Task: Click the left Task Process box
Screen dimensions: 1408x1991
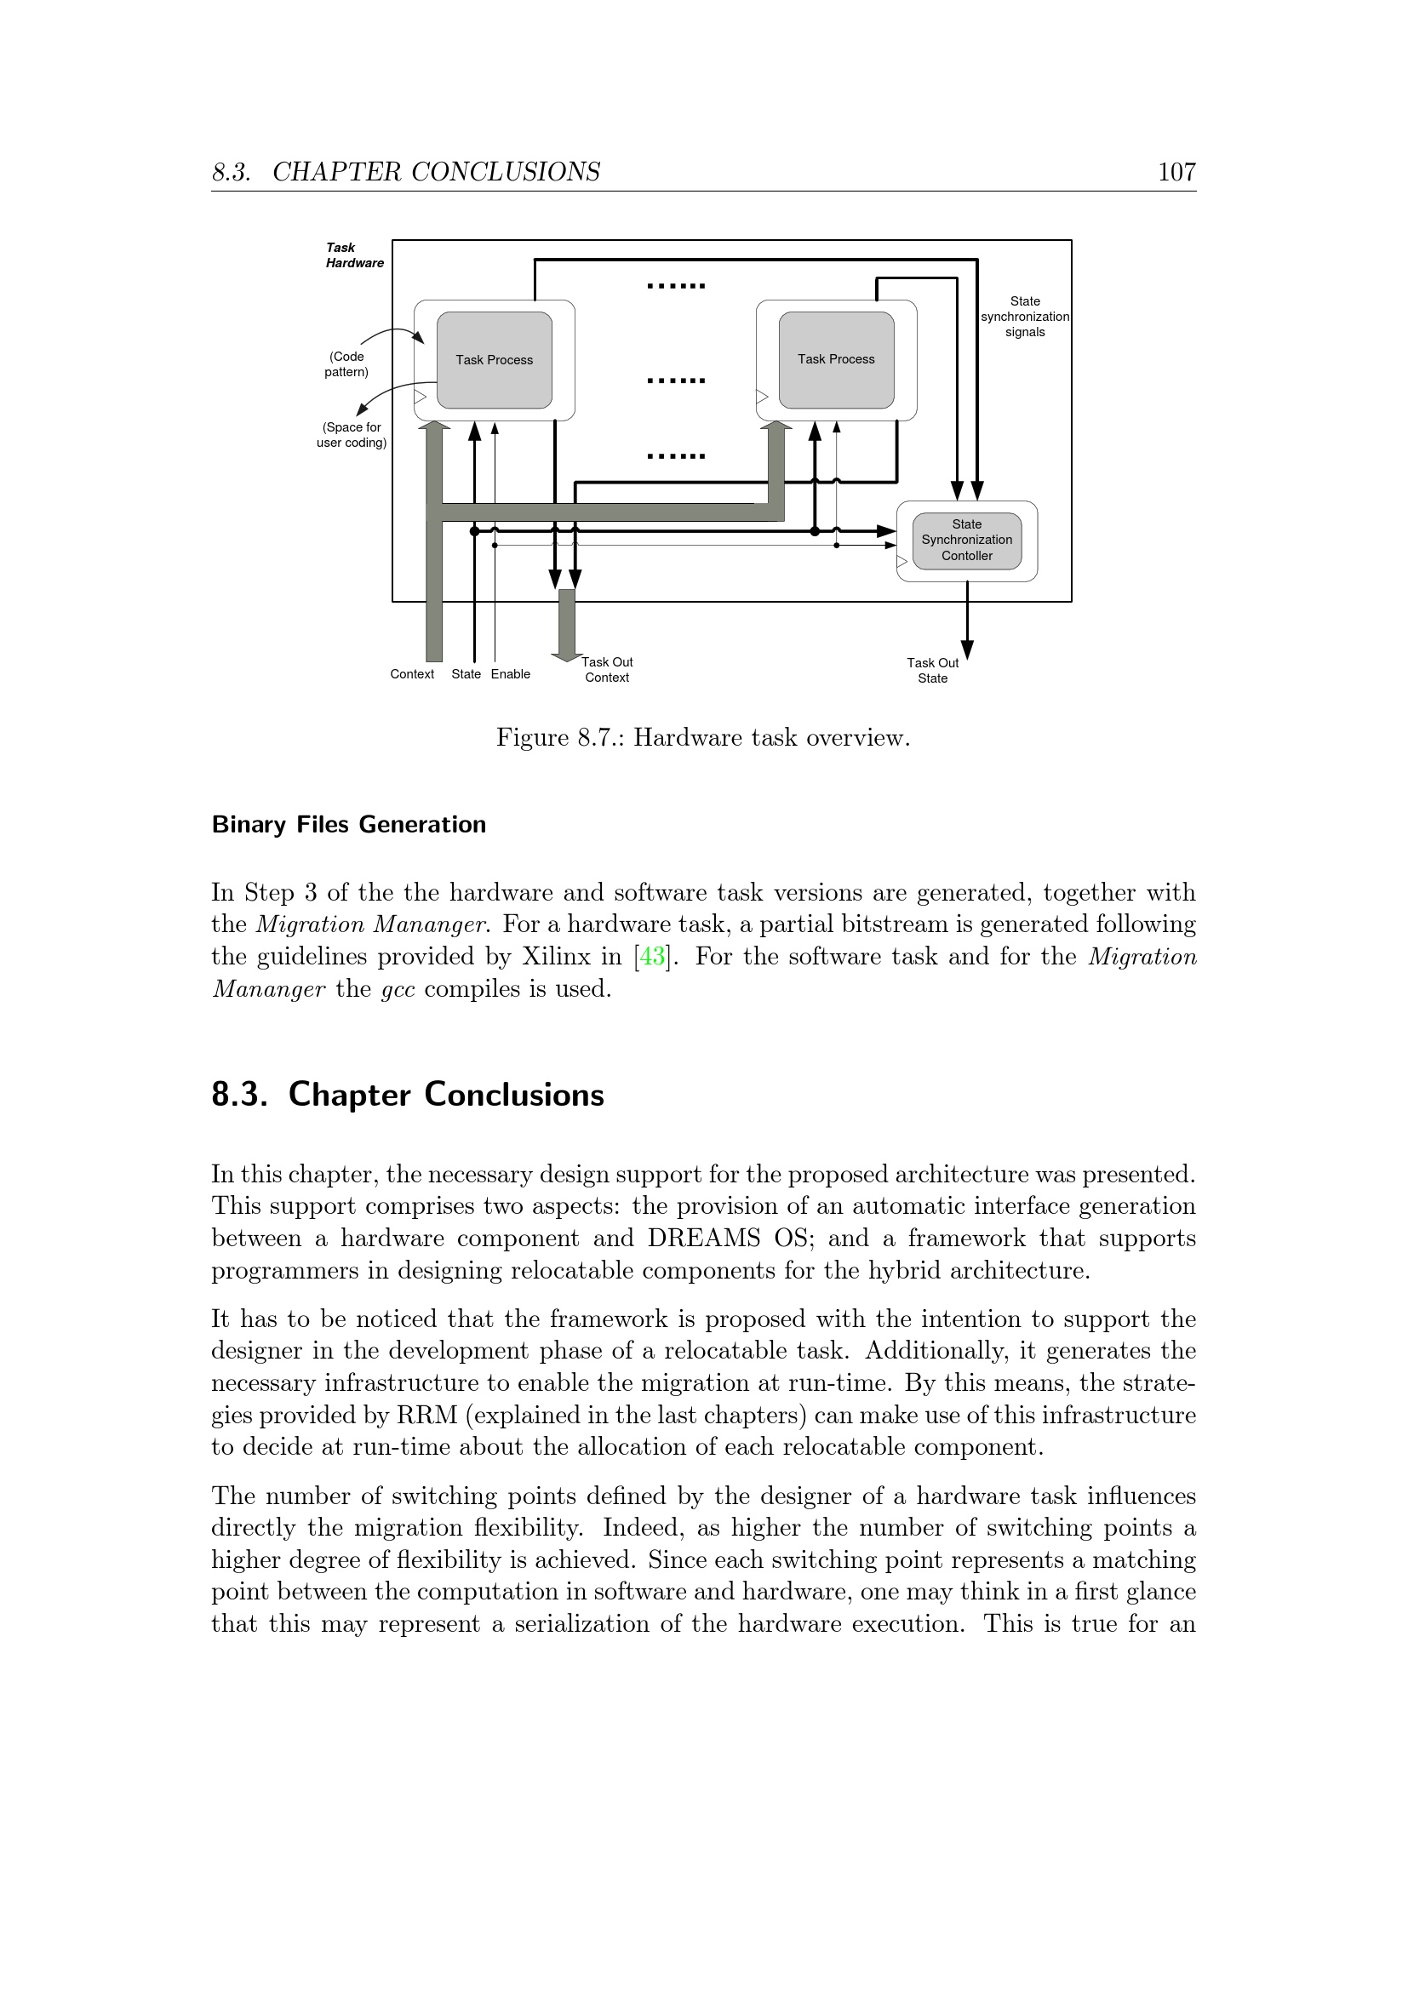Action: click(495, 360)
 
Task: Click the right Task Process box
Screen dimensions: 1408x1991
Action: click(836, 360)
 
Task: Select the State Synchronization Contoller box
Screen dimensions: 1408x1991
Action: click(967, 541)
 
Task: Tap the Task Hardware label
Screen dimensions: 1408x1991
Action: click(355, 255)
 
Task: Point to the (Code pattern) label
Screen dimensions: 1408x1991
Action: click(346, 364)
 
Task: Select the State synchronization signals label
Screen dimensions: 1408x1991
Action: click(1025, 317)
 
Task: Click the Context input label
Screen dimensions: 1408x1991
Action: click(412, 674)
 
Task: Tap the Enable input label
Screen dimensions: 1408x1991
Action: click(511, 674)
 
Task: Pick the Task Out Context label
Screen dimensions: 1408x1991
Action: click(607, 669)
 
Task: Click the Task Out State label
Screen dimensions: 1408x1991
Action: click(933, 670)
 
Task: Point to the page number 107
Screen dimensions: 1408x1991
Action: click(1176, 172)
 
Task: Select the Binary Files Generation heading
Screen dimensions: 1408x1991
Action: click(348, 824)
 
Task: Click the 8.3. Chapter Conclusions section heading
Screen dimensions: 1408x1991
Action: click(408, 1095)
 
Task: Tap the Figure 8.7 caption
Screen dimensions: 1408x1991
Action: click(703, 738)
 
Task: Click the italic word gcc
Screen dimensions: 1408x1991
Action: click(398, 989)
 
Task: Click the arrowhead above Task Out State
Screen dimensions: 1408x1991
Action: click(967, 650)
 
